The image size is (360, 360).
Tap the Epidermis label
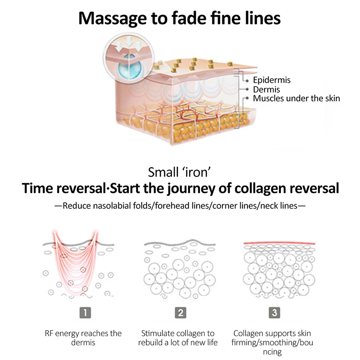272,81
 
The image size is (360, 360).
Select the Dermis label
266,90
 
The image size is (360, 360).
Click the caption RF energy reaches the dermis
83,338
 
